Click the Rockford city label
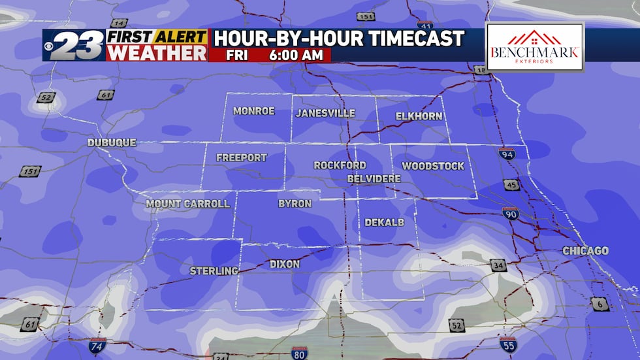coord(340,165)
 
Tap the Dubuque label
coord(112,142)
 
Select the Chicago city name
coord(585,251)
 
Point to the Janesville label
coord(325,113)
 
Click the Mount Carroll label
coord(187,204)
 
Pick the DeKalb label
coord(384,223)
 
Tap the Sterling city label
coord(214,270)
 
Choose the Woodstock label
coord(433,166)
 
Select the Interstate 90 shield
coord(510,213)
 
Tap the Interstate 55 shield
coord(508,345)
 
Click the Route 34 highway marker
coord(498,265)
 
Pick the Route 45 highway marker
coord(511,185)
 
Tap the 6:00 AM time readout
coord(295,55)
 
